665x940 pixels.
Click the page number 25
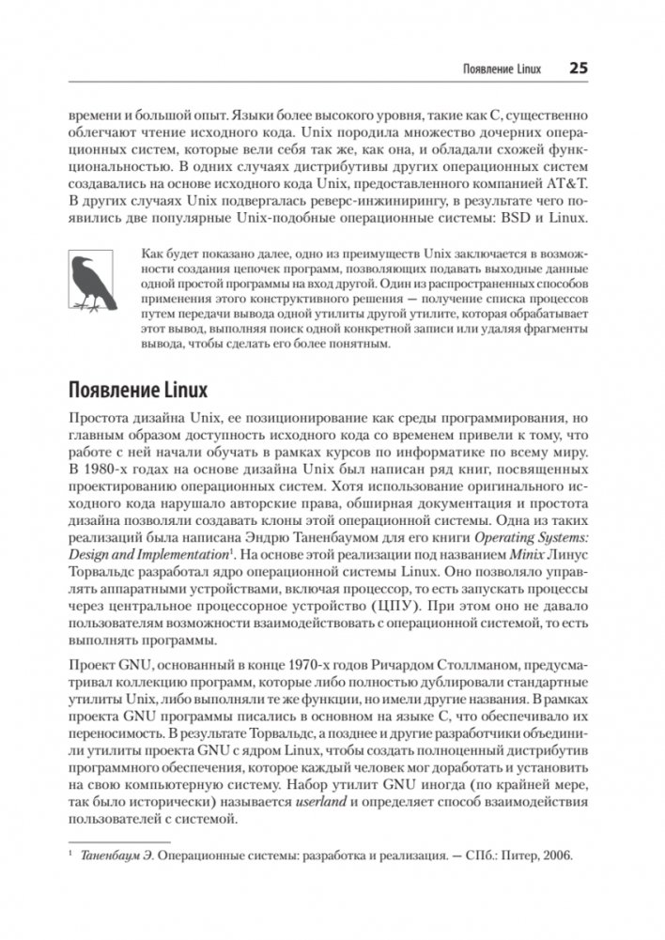coord(578,69)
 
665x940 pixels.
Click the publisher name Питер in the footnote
coord(515,857)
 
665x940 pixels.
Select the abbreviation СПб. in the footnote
coord(474,857)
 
